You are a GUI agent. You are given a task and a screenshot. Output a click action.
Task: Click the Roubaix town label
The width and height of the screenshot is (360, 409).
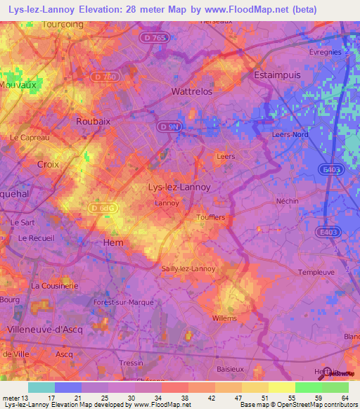[x=94, y=121]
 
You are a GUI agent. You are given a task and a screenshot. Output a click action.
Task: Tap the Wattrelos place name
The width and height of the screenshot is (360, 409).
[x=192, y=92]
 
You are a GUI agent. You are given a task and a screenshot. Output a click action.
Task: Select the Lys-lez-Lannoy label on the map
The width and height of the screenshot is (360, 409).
[x=176, y=187]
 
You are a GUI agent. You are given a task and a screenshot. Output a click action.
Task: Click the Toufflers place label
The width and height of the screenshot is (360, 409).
[x=211, y=218]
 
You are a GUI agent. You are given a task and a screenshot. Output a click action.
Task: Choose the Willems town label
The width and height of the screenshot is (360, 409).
[x=224, y=318]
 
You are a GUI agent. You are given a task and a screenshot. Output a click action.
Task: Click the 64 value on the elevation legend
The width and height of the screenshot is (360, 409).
[x=345, y=398]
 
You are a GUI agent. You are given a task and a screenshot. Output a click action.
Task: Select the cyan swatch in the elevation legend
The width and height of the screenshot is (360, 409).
[x=41, y=387]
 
